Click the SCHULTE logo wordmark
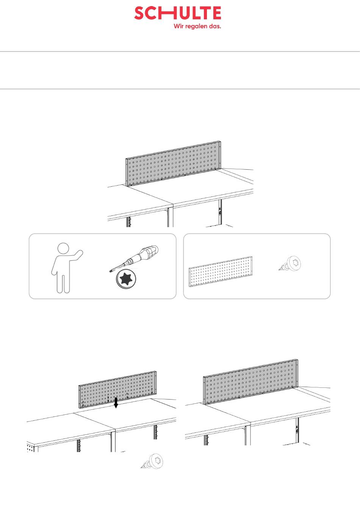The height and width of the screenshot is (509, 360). click(x=178, y=13)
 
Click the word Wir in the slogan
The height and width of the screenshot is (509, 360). click(x=179, y=26)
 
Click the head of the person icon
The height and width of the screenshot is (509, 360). click(x=63, y=248)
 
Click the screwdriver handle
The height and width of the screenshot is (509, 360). click(x=149, y=252)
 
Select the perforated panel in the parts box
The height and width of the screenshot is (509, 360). click(x=221, y=272)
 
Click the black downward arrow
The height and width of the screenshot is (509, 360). click(x=116, y=403)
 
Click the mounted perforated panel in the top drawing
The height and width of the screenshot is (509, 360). click(x=173, y=164)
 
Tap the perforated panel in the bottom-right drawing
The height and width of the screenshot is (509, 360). click(x=250, y=382)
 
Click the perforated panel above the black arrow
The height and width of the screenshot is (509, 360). click(x=117, y=390)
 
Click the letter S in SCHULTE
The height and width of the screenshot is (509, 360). click(x=139, y=13)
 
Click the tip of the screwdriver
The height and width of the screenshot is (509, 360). click(x=110, y=271)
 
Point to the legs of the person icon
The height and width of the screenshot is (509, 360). click(x=63, y=283)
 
